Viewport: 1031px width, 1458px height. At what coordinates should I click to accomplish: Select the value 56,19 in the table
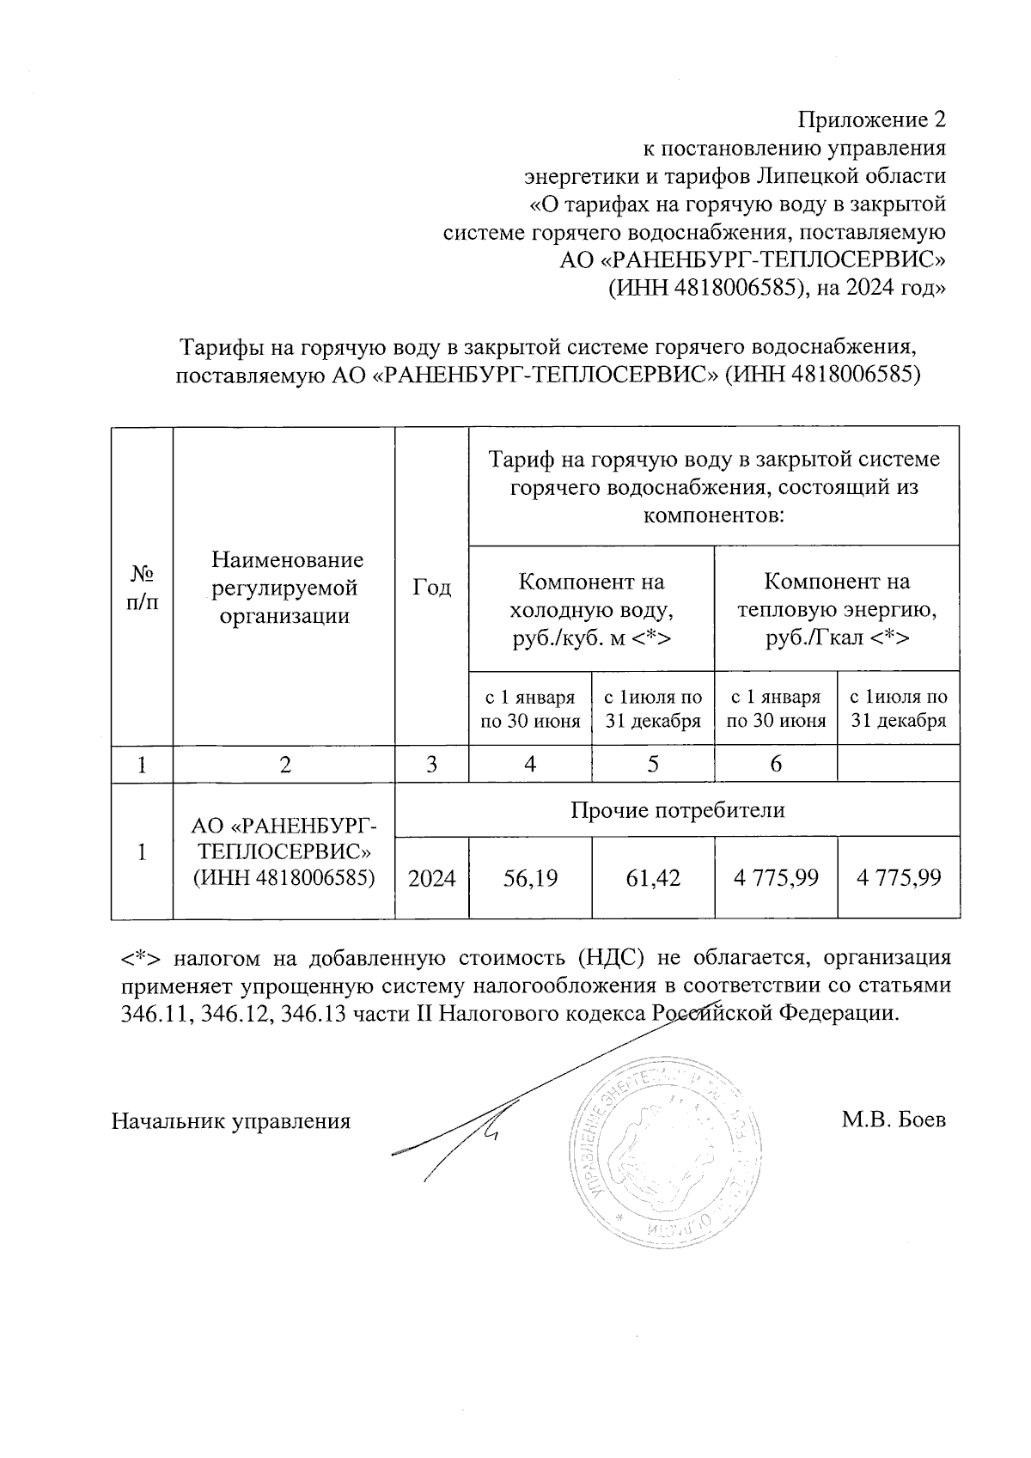coord(530,877)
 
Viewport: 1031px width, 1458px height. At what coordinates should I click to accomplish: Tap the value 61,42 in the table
coord(653,877)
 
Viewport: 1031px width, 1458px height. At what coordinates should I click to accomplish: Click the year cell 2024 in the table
coord(432,877)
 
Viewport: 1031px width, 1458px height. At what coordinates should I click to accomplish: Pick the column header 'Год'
coord(431,587)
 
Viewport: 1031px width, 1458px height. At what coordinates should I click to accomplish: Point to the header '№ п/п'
coord(142,587)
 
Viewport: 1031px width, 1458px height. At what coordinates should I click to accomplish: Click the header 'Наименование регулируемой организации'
coord(286,587)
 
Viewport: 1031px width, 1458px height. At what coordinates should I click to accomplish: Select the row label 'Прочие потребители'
coord(677,809)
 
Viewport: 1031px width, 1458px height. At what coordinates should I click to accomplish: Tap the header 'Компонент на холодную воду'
coord(591,609)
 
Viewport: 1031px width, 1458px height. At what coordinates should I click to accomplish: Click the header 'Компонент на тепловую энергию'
coord(837,609)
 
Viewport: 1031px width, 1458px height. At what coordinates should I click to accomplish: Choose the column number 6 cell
coord(775,764)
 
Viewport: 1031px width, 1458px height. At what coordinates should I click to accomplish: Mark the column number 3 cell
coord(431,764)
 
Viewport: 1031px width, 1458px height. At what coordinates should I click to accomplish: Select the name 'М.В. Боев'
coord(894,1120)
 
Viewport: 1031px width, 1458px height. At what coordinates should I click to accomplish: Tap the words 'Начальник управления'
coord(231,1120)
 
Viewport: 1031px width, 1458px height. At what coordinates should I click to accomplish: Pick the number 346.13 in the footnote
coord(313,1014)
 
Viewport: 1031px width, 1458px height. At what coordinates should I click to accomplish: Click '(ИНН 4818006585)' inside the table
coord(284,877)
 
